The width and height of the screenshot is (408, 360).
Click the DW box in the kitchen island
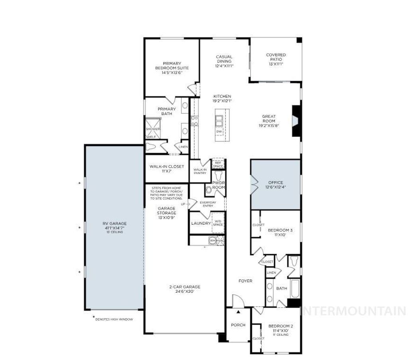click(x=219, y=131)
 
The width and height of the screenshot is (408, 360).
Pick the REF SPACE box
click(x=218, y=164)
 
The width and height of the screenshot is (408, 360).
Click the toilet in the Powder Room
click(x=218, y=175)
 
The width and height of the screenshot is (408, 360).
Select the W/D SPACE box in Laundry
click(x=218, y=223)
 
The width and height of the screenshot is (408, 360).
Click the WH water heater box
click(x=212, y=241)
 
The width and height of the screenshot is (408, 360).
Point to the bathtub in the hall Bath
click(x=294, y=289)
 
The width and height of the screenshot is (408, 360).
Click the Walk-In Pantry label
click(x=200, y=171)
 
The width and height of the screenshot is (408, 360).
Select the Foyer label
click(x=245, y=281)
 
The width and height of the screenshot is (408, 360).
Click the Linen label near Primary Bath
click(x=183, y=147)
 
